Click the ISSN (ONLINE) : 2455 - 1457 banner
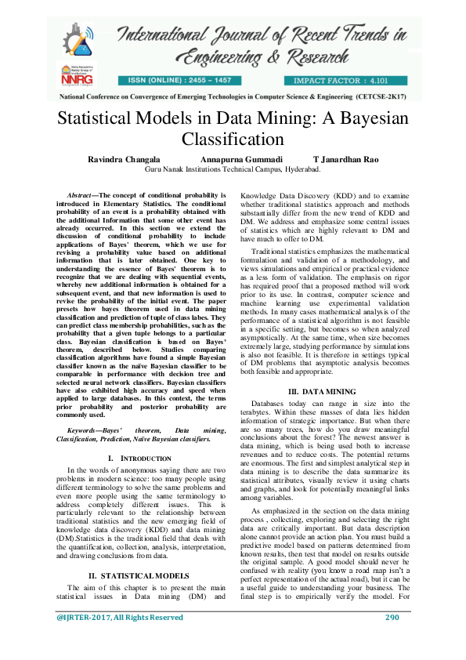coord(186,81)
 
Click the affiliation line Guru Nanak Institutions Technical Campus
coord(233,169)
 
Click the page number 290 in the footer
coord(392,640)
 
